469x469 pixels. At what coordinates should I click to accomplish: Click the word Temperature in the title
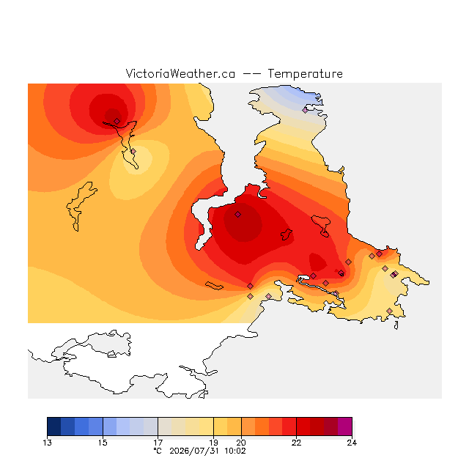tap(305, 74)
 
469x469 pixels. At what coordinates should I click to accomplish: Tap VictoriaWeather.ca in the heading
tap(180, 74)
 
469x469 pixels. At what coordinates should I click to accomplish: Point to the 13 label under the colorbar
tap(47, 443)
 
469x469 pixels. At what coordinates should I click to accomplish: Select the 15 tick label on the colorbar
tap(103, 443)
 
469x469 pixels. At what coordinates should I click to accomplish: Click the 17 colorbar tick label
tap(158, 443)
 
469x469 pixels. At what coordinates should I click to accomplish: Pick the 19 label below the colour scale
tap(213, 443)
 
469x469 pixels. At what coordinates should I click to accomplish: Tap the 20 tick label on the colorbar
tap(241, 443)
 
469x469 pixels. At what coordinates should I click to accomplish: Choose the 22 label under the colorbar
tap(296, 443)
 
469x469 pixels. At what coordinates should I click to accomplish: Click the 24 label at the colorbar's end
tap(352, 443)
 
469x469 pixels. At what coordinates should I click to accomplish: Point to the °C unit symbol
tap(158, 451)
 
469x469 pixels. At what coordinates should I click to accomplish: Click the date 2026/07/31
tap(194, 451)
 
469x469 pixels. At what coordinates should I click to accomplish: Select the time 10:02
tap(235, 451)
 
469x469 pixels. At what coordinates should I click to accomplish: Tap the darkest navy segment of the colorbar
tap(54, 426)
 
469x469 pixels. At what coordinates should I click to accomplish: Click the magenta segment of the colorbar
tap(345, 426)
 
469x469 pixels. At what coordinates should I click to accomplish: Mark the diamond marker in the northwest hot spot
tap(117, 121)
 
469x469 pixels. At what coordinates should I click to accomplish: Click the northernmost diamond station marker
tap(305, 110)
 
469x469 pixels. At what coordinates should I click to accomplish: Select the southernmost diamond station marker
tap(389, 311)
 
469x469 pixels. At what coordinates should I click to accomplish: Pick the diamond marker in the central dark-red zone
tap(237, 215)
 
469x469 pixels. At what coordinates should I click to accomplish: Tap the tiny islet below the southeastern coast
tap(396, 325)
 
